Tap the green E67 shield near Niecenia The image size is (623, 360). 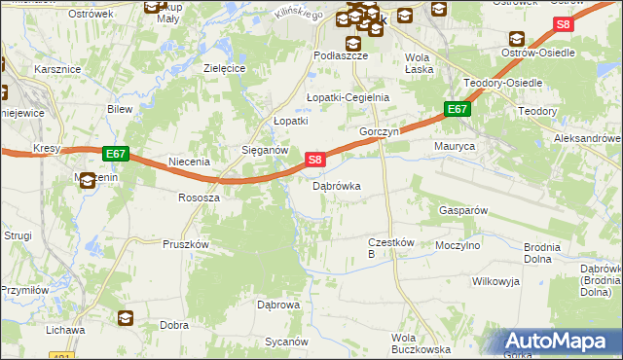[115, 154]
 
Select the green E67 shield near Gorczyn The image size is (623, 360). [458, 110]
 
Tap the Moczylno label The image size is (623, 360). [458, 246]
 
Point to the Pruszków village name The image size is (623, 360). [186, 245]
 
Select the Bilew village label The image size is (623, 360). [120, 110]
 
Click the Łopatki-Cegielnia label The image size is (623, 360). [348, 97]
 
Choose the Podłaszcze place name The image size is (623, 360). [340, 56]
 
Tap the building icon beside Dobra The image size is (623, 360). [126, 317]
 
